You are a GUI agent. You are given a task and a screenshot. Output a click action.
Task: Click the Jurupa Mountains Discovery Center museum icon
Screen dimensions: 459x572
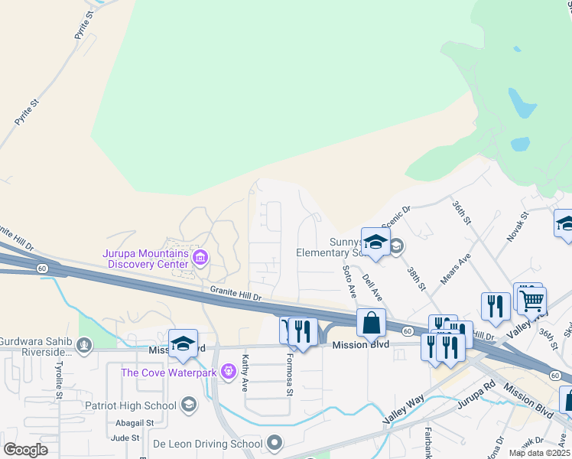[x=201, y=256]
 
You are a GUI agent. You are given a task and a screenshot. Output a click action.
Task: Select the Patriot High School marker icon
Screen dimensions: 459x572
[x=189, y=404]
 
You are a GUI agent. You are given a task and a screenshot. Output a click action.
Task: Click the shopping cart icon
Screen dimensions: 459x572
[x=531, y=299]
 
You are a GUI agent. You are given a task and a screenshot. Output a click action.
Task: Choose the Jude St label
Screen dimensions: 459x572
[x=122, y=438]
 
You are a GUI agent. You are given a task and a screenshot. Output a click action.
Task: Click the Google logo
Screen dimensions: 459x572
[x=27, y=449]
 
